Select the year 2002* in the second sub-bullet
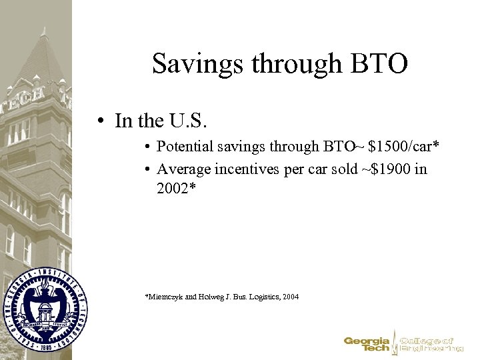pos(177,188)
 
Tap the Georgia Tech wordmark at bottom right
pos(366,343)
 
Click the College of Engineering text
pos(431,343)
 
